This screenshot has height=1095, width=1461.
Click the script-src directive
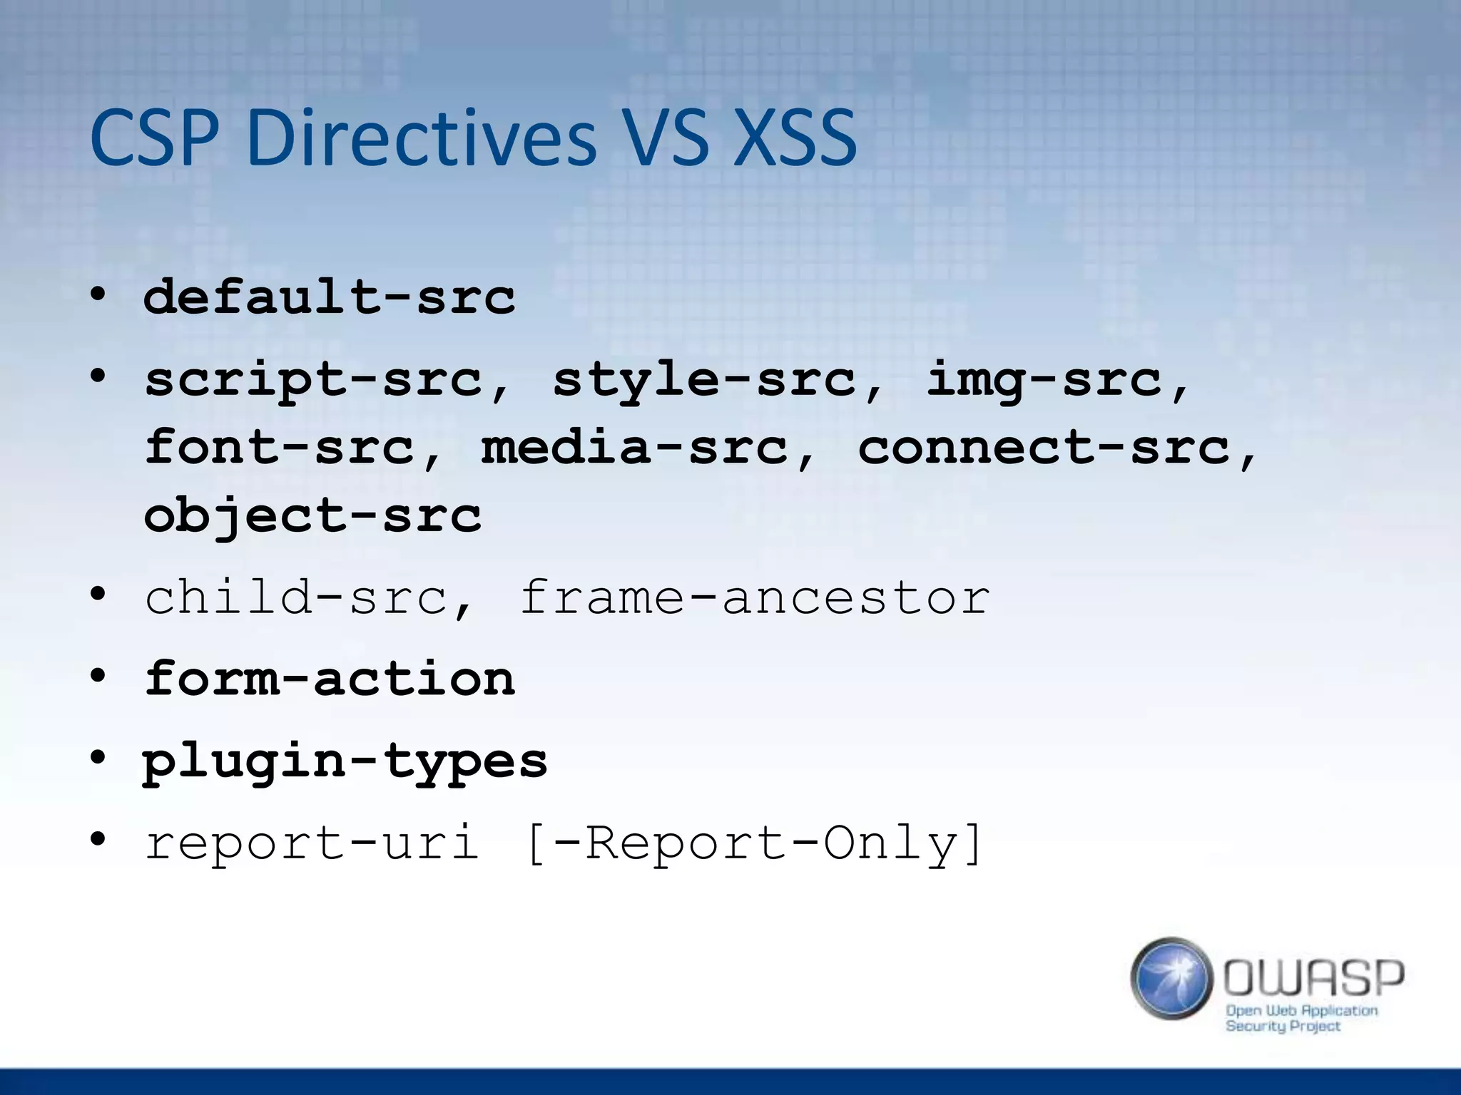(314, 379)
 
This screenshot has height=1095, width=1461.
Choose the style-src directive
(704, 379)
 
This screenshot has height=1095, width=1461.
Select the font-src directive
(280, 448)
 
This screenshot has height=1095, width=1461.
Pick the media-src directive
(635, 448)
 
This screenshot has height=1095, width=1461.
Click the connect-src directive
(1043, 448)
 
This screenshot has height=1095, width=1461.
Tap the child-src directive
(297, 597)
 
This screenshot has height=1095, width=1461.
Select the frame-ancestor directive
(754, 597)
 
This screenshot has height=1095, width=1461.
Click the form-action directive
(329, 679)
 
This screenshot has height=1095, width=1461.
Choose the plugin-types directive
(345, 761)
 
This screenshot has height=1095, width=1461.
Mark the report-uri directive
(312, 843)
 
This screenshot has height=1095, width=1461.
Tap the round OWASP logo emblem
(1171, 978)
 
